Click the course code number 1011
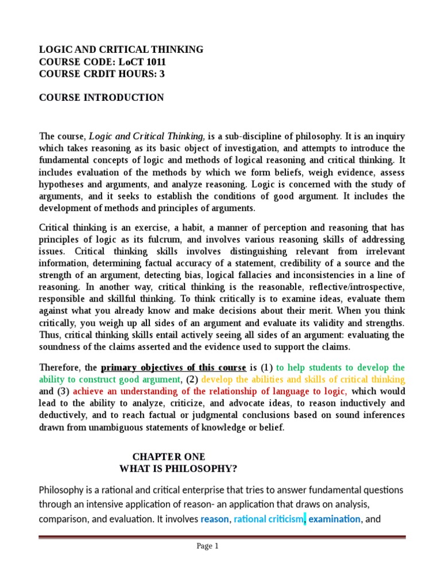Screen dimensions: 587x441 tap(155, 62)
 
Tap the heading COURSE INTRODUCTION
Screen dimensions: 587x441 tap(101, 97)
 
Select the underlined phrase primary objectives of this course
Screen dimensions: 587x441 tap(174, 367)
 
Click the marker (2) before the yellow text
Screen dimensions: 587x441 tap(192, 379)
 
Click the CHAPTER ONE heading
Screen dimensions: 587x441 tap(168, 457)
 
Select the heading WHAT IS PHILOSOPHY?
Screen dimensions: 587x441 tap(178, 469)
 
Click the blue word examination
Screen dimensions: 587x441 tap(335, 519)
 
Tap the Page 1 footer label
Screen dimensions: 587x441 tap(208, 546)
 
